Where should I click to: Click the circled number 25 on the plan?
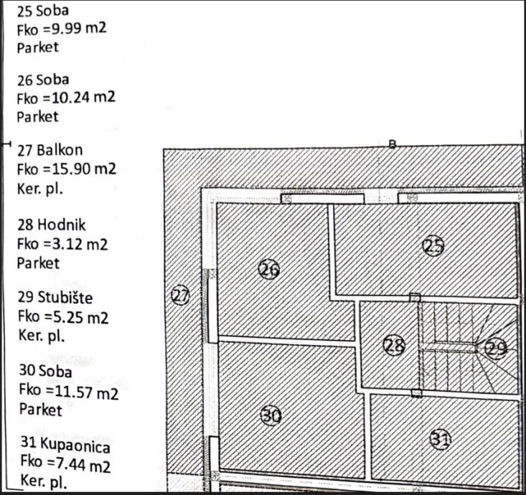tap(433, 247)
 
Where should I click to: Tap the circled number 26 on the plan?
tap(268, 269)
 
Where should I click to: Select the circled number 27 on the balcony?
tap(181, 295)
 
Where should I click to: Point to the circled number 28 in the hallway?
tap(394, 346)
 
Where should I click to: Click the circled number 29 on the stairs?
tap(497, 349)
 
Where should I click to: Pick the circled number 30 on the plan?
tap(271, 415)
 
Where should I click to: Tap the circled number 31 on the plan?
tap(440, 439)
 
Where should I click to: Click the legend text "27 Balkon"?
tap(50, 150)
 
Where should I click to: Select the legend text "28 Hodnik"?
tap(51, 225)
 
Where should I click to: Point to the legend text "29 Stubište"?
tap(55, 298)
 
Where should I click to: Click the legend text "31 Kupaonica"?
tap(65, 447)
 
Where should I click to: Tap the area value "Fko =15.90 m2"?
tap(66, 169)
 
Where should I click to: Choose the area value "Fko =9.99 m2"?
tap(62, 29)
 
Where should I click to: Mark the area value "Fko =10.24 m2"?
tap(66, 98)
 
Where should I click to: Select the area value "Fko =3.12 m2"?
tap(62, 244)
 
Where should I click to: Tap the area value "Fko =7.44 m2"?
tap(65, 465)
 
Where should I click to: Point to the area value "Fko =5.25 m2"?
tap(63, 316)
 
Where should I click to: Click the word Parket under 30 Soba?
tap(40, 410)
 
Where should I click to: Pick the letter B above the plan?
tap(393, 143)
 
